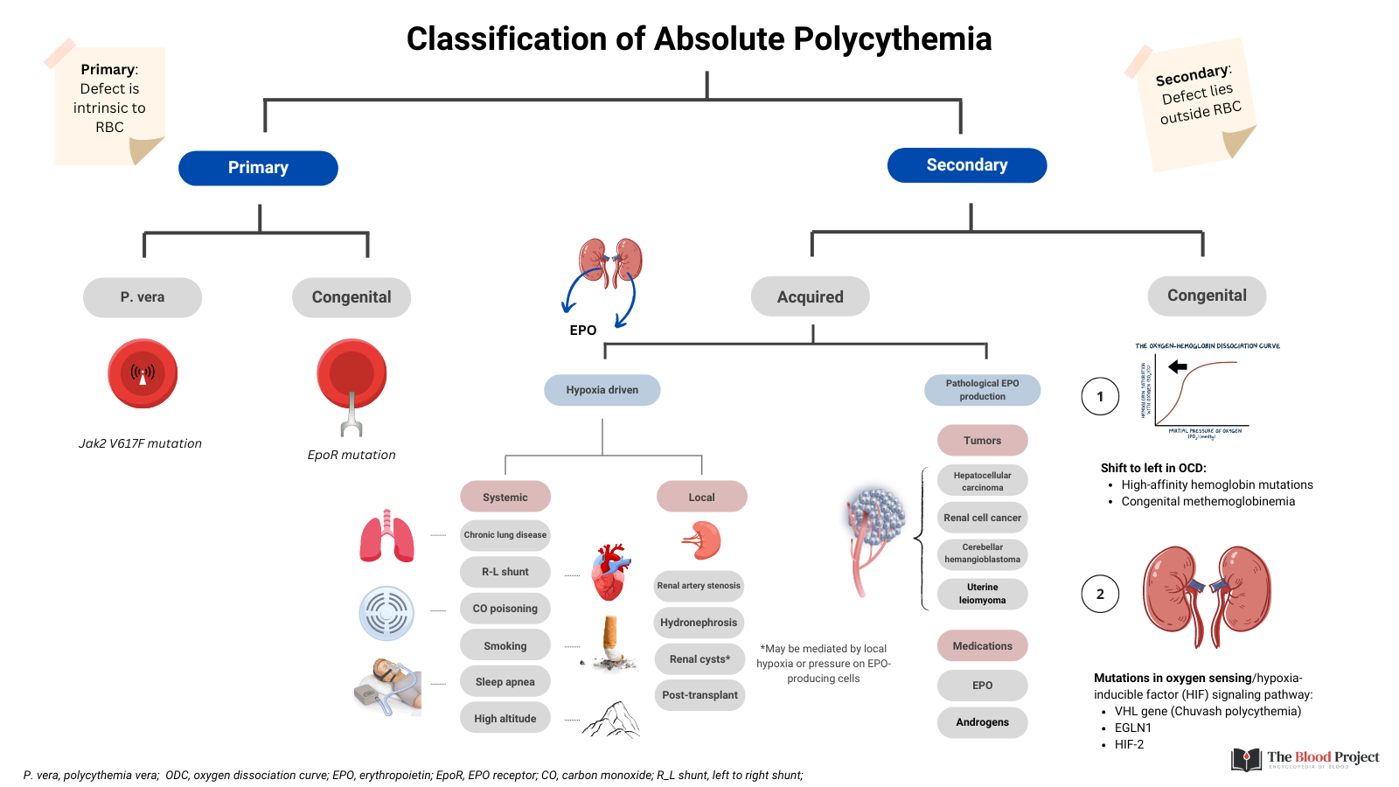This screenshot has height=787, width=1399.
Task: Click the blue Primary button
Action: coord(258,168)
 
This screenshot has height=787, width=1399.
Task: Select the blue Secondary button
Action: coord(966,165)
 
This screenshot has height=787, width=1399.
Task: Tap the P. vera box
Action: coord(143,297)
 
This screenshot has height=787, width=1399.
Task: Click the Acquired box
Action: coord(810,297)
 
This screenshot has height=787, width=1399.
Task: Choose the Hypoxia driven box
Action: coord(602,390)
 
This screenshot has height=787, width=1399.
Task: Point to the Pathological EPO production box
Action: coord(982,390)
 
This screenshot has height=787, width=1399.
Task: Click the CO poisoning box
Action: coord(505,609)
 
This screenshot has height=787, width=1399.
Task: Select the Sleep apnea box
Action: coord(505,682)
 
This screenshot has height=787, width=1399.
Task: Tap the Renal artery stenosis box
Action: coord(699,586)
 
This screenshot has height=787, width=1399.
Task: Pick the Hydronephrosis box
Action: coord(699,623)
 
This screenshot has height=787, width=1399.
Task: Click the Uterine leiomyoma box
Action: coord(982,594)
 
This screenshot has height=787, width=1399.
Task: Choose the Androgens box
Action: coord(982,722)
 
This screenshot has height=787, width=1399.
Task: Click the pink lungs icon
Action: coord(386,535)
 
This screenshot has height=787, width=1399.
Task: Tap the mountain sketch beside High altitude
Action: coord(612,720)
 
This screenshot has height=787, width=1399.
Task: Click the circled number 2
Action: coord(1100,594)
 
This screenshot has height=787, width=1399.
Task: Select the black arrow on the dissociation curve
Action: coord(1178,366)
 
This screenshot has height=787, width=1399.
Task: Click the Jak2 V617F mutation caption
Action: coord(140,443)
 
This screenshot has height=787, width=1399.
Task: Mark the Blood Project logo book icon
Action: coord(1246,759)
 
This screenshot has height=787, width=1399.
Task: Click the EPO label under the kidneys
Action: coord(582,331)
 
